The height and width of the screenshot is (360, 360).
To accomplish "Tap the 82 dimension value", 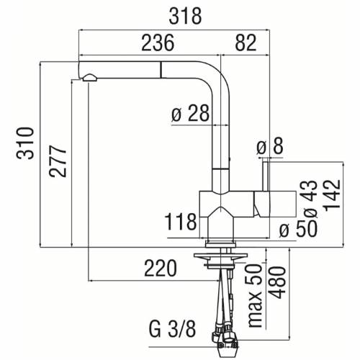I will click(246, 43).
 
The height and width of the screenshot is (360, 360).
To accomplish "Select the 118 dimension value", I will click(180, 220).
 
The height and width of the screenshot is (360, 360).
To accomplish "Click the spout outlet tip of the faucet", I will click(88, 78).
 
